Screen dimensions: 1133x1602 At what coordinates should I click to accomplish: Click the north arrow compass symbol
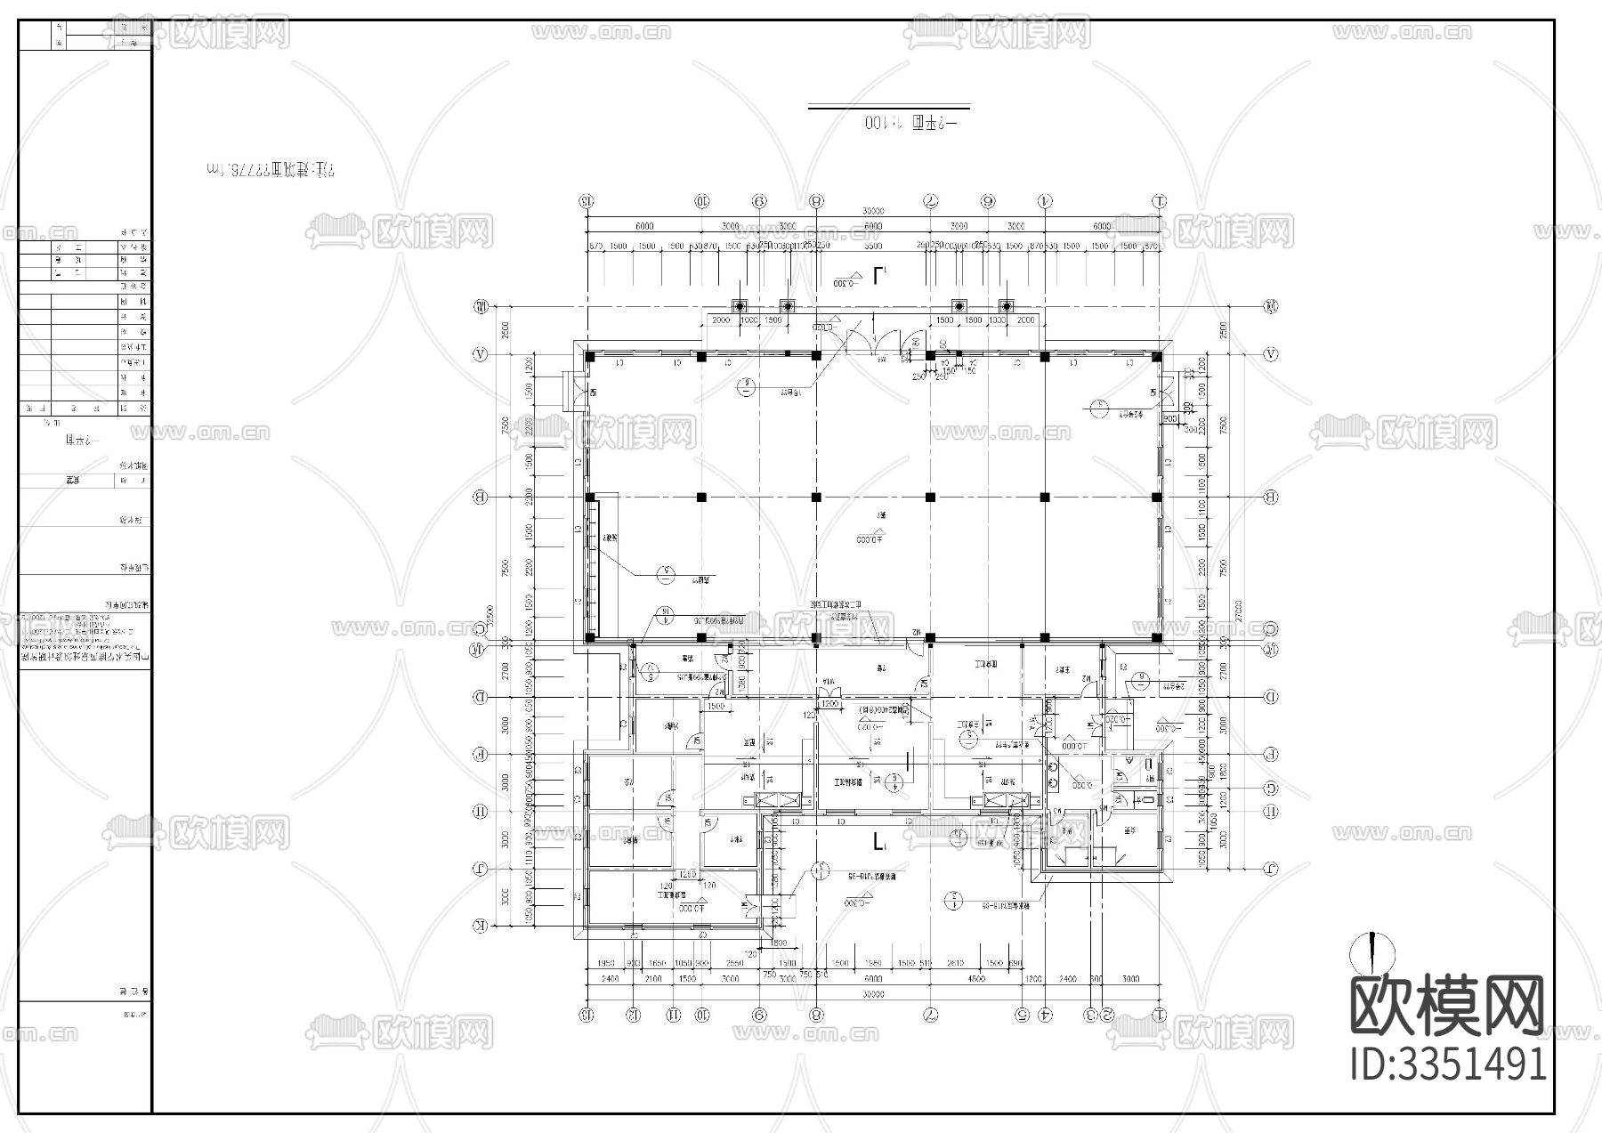(x=1371, y=953)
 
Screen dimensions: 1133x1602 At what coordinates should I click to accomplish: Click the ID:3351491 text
(x=1448, y=1064)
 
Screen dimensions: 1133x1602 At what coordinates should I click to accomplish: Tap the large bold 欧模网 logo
(x=1448, y=1007)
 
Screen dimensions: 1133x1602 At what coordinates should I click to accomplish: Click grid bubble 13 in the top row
(x=587, y=200)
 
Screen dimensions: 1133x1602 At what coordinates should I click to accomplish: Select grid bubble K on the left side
(x=480, y=927)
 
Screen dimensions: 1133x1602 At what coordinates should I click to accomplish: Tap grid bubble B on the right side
(x=1271, y=497)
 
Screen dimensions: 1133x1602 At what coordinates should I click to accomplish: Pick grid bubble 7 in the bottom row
(x=931, y=1014)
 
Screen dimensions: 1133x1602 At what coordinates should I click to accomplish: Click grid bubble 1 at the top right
(x=1159, y=200)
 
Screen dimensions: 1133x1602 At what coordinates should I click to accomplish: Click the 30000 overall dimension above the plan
(x=873, y=211)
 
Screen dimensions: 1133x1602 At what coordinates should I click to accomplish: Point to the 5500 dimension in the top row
(x=873, y=246)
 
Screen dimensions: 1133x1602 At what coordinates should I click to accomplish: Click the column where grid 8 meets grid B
(x=816, y=497)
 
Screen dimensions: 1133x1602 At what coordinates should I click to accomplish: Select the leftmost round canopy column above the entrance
(x=738, y=305)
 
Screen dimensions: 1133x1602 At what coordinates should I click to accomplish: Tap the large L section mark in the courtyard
(x=879, y=841)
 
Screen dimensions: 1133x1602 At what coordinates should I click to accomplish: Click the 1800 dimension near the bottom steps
(x=779, y=943)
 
